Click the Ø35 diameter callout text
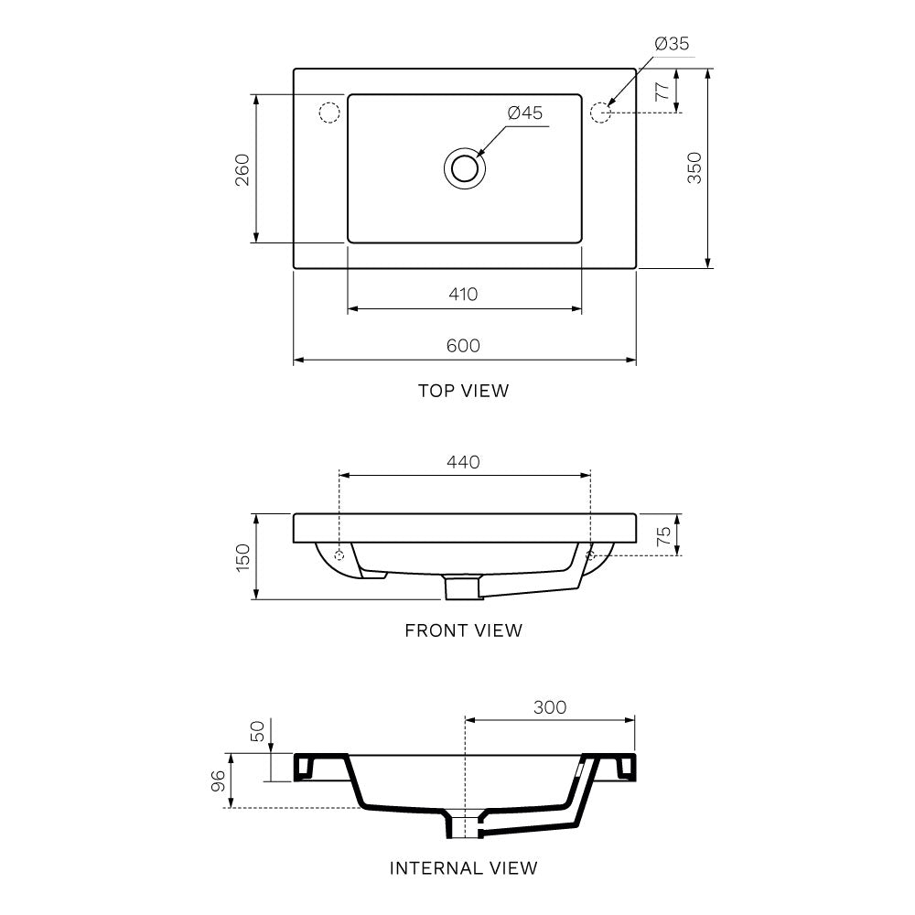[x=672, y=43]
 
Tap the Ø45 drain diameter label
[x=525, y=113]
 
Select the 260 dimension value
[x=242, y=169]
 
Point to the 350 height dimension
[x=694, y=168]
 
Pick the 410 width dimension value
[x=463, y=294]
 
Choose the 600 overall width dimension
[x=463, y=345]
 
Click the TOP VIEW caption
[x=463, y=391]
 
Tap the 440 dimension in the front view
[x=463, y=462]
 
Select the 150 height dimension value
[x=242, y=556]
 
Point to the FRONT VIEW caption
[x=463, y=630]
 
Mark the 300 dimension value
[x=549, y=707]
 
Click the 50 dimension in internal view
[x=258, y=730]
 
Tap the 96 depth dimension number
[x=218, y=780]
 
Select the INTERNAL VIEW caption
[x=463, y=867]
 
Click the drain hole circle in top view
[x=465, y=169]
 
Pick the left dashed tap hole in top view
[x=328, y=113]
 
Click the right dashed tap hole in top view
[x=600, y=113]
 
